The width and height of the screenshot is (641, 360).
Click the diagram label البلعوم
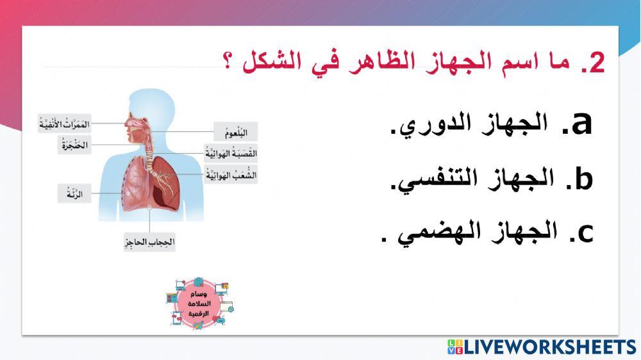[235, 132]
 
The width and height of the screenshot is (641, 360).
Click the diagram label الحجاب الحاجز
[149, 243]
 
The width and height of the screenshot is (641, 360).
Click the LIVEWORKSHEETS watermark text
[549, 347]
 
